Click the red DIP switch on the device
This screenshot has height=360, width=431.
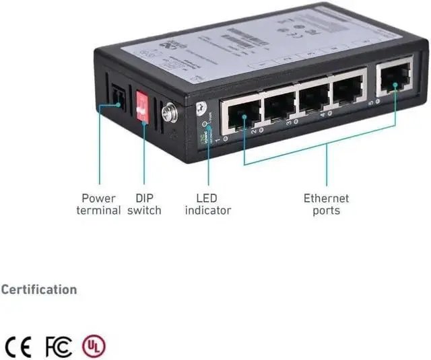coord(143,106)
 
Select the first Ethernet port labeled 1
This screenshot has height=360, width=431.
coord(240,116)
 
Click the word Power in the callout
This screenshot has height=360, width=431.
coord(98,199)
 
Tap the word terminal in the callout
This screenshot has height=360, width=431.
coord(98,211)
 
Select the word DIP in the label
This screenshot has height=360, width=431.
coord(145,199)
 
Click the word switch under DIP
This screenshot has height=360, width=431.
coord(145,211)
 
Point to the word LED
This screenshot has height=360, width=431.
coord(207,199)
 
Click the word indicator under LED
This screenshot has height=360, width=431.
coord(208,211)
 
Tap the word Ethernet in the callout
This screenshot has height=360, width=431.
coord(327,199)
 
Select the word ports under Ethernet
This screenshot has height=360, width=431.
coord(327,211)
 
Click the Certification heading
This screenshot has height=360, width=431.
coord(39,290)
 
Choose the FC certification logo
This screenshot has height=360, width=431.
coord(59,346)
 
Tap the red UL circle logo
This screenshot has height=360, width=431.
coord(94,346)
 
